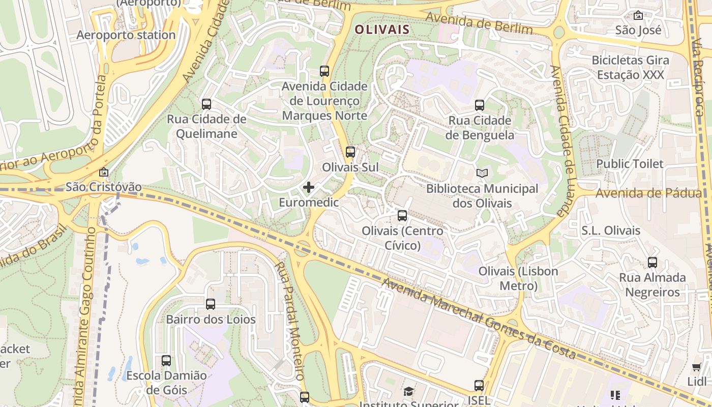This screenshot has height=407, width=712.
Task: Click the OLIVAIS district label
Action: tap(381, 30)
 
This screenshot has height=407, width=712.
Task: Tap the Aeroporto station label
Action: tap(126, 35)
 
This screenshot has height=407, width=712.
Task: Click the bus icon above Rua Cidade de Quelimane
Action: tap(206, 104)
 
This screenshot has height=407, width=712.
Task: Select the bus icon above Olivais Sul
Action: tap(350, 152)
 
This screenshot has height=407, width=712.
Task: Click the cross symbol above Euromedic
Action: tap(309, 187)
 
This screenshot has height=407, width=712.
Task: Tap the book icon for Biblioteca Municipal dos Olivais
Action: tap(482, 173)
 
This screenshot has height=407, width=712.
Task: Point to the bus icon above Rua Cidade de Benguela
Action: tap(479, 105)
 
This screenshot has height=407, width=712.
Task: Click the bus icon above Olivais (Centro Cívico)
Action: tap(402, 215)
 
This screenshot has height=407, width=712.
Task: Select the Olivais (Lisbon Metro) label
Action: tap(518, 278)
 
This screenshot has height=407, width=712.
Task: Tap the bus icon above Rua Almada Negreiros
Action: tap(652, 263)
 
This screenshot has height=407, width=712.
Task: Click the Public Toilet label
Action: tap(630, 164)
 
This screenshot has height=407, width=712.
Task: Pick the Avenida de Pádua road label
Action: tap(649, 193)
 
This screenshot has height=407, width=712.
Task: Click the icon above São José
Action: tap(638, 15)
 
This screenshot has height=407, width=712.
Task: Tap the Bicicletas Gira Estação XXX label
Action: tap(630, 68)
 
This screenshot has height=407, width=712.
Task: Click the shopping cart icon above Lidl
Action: tap(696, 367)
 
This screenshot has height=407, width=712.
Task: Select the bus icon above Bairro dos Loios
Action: tap(211, 304)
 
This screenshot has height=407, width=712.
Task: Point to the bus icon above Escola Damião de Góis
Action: tap(166, 361)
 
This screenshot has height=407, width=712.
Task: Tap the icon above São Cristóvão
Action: tap(104, 172)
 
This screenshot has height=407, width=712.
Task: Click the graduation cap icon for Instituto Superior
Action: tap(409, 391)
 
